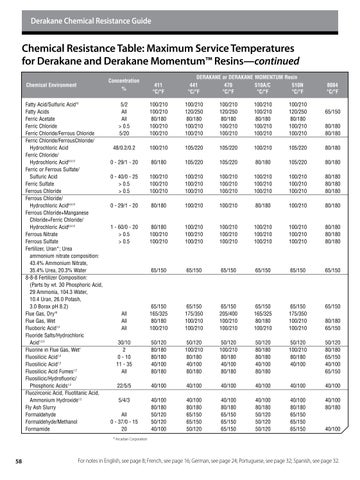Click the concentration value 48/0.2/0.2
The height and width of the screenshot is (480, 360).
pyautogui.click(x=123, y=148)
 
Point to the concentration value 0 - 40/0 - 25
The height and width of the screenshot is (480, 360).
pyautogui.click(x=123, y=176)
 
